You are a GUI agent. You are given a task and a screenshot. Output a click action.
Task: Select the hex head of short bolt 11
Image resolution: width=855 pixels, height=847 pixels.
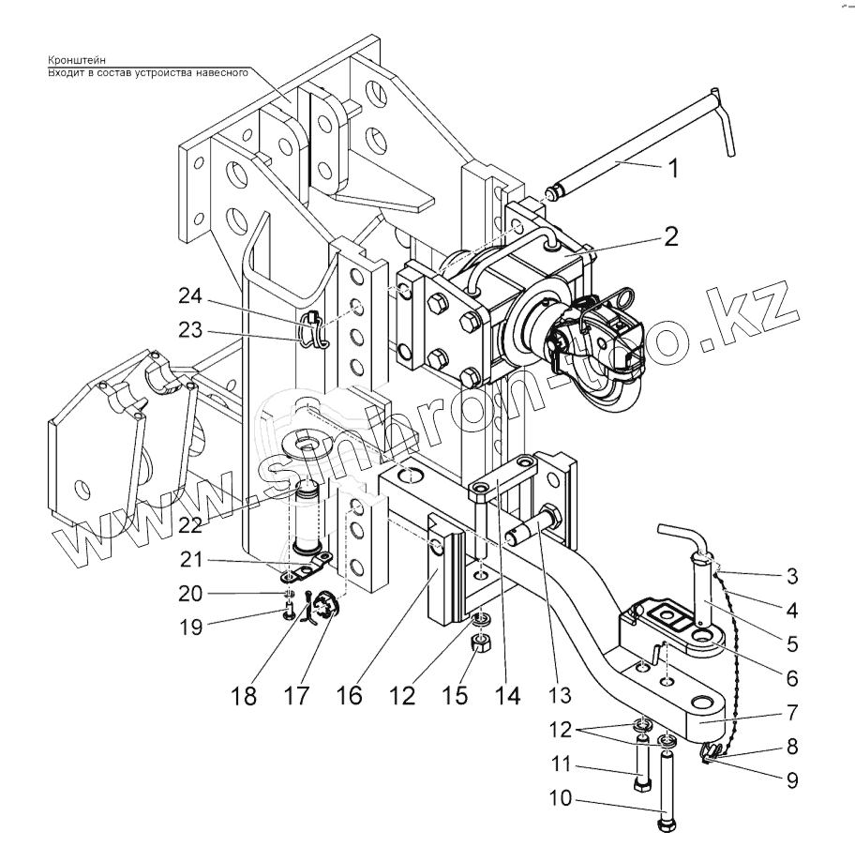tap(642, 783)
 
